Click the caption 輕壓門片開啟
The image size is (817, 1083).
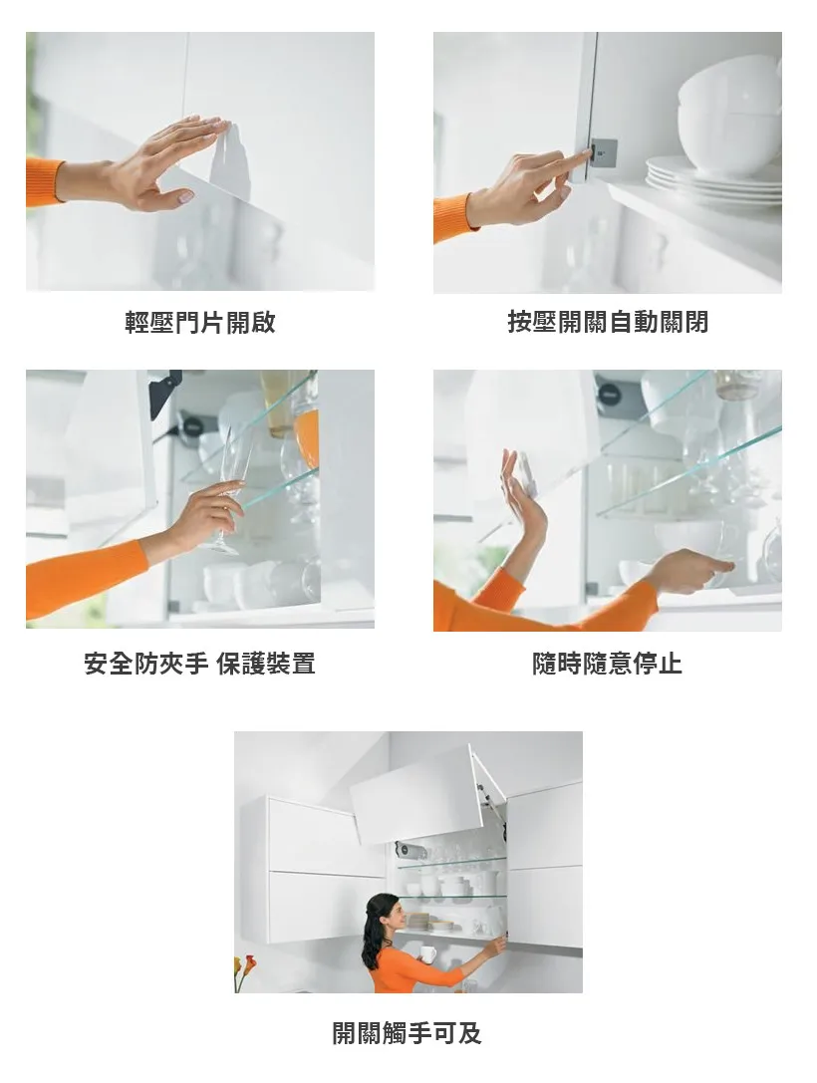pos(200,322)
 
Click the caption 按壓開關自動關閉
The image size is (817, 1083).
pos(608,322)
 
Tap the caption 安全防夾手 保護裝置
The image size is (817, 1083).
pos(200,664)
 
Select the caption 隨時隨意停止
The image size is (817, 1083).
pos(608,664)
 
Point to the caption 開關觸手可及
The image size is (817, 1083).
pos(408,1033)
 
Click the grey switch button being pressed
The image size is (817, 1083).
pos(605,152)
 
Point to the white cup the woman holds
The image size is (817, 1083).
pos(427,954)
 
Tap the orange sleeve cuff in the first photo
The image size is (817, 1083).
pos(44,181)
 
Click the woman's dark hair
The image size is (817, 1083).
pos(377,929)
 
